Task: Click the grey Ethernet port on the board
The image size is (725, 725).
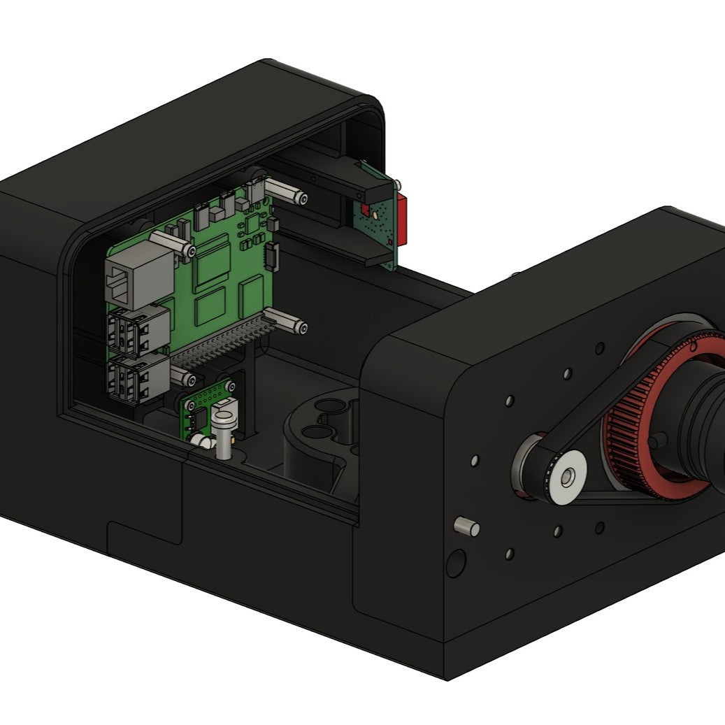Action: pyautogui.click(x=137, y=278)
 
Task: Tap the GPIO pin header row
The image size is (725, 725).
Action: pyautogui.click(x=220, y=343)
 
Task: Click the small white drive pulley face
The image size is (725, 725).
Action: pyautogui.click(x=566, y=477)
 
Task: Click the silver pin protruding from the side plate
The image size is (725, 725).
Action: pyautogui.click(x=467, y=526)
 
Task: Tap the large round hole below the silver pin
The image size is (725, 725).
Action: pyautogui.click(x=455, y=562)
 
